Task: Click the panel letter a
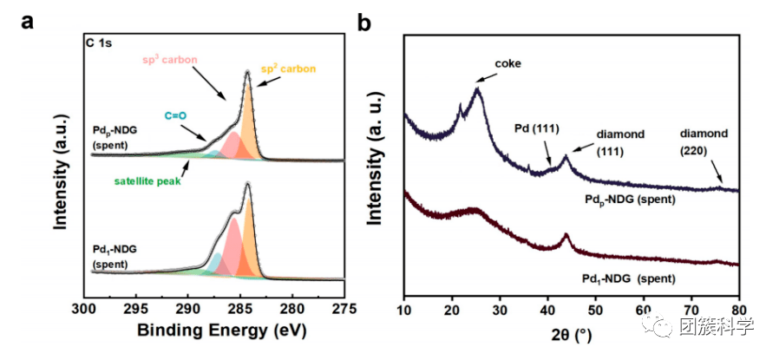[x=28, y=22]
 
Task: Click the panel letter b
[x=365, y=22]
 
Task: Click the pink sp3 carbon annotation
[x=171, y=59]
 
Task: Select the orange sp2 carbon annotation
[x=289, y=69]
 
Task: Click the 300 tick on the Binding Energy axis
[x=84, y=309]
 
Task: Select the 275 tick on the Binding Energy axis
[x=344, y=309]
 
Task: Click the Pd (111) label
[x=539, y=128]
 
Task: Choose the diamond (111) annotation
[x=620, y=143]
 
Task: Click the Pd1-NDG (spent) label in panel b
[x=625, y=279]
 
